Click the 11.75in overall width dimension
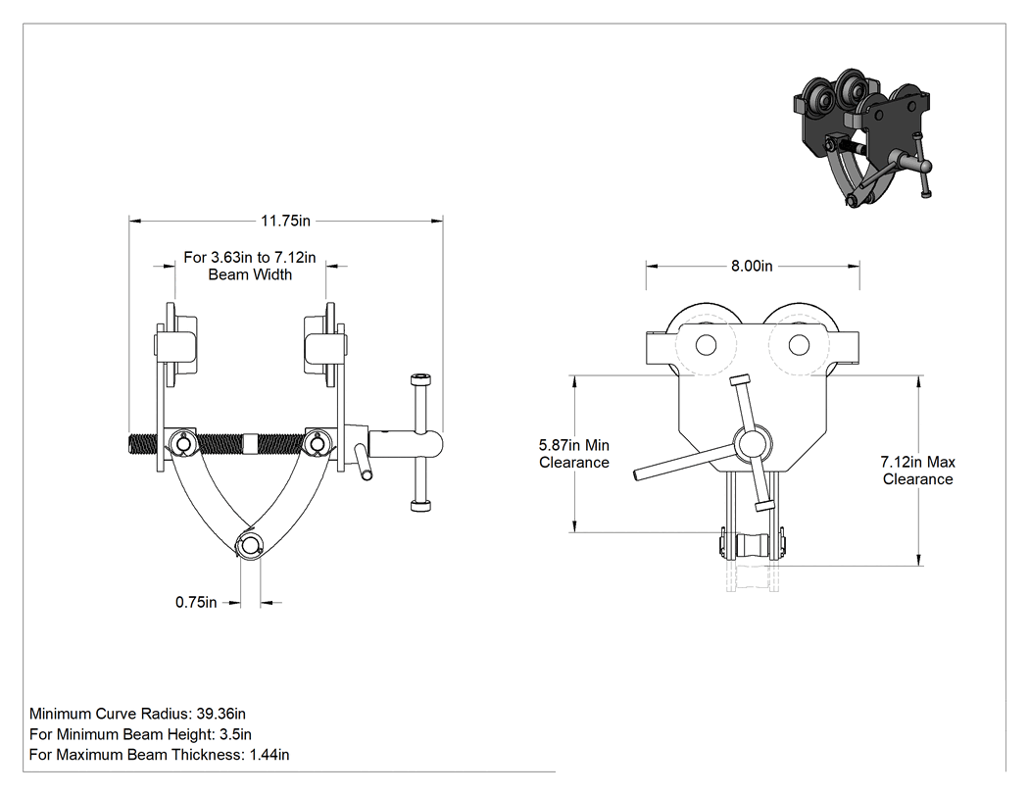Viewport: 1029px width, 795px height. (x=285, y=221)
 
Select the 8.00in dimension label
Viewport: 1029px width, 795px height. (x=752, y=266)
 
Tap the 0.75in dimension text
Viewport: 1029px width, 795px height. (x=196, y=602)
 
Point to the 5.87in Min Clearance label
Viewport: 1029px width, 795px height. (x=574, y=454)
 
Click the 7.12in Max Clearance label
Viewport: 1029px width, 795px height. (x=917, y=471)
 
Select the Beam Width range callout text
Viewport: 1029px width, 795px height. (x=249, y=266)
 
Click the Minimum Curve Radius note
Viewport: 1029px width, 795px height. (x=138, y=714)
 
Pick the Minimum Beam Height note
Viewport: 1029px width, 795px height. (x=140, y=734)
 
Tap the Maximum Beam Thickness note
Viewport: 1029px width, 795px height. (x=160, y=754)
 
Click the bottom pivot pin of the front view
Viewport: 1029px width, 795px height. (x=249, y=546)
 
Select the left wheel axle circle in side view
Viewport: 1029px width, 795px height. (x=707, y=345)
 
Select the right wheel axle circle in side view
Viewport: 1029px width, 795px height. (x=799, y=345)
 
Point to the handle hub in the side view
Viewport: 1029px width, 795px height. (x=752, y=444)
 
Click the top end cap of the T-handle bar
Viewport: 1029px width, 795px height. (x=420, y=378)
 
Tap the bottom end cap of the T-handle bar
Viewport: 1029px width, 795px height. (x=420, y=506)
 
